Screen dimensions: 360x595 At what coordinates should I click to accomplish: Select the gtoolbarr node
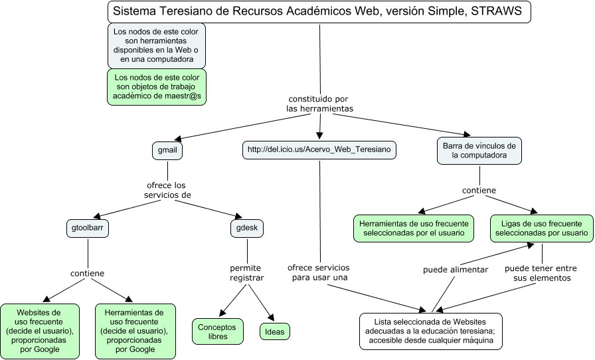89,228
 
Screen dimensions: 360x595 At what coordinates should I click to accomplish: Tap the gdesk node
247,228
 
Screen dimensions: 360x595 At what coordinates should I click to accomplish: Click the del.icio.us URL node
319,151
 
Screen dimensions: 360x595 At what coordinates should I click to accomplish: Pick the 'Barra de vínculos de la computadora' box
479,151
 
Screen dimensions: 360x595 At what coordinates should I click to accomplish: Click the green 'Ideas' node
274,331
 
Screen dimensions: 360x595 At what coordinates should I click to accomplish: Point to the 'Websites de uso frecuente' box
40,331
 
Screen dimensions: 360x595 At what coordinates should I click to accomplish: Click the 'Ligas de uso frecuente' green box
541,228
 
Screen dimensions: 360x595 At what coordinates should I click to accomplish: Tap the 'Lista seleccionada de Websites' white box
432,331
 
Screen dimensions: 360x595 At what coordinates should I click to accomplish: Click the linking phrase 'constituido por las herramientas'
319,104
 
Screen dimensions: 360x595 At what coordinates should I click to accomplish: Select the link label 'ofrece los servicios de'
167,190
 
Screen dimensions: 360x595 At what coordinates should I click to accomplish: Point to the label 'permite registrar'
247,272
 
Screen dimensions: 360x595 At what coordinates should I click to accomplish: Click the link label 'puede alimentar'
456,270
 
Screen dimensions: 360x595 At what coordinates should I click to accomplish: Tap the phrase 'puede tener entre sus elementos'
541,273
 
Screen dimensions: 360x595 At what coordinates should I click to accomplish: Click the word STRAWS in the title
497,12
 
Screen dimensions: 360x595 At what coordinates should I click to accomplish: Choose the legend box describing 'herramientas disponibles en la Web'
157,45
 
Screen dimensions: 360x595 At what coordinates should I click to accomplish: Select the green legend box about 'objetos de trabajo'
157,87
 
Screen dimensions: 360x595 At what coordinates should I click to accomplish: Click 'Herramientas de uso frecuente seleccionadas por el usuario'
414,228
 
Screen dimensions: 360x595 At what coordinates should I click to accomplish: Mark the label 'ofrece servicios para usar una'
319,272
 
